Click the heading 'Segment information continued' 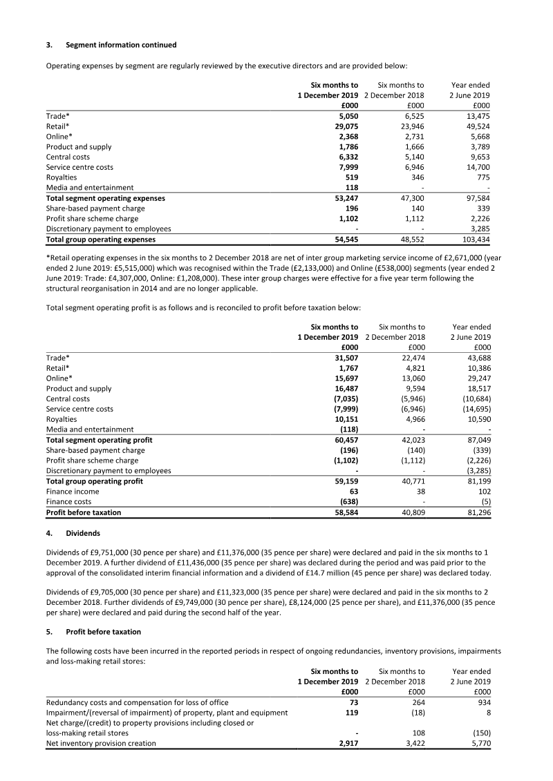pos(121,45)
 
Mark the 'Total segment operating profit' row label pos(99,440)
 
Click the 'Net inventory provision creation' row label pos(101,743)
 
